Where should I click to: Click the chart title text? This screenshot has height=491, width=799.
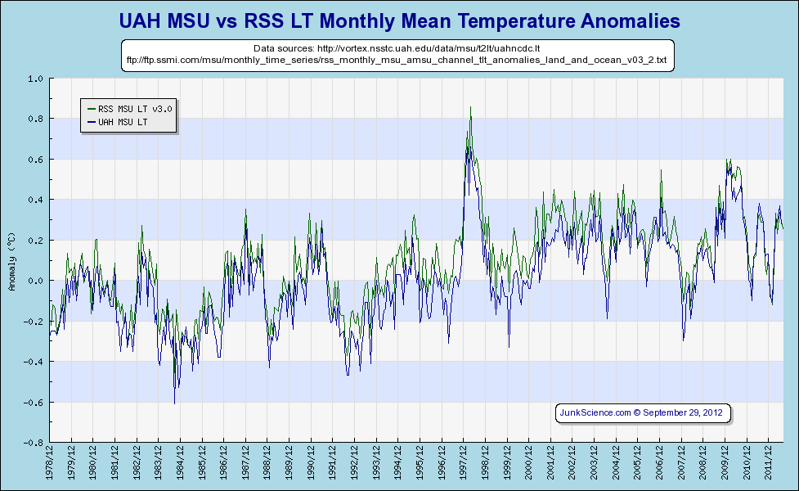pyautogui.click(x=399, y=20)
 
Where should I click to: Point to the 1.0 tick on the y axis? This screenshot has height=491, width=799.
pyautogui.click(x=35, y=79)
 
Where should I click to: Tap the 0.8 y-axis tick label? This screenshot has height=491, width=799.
pyautogui.click(x=35, y=119)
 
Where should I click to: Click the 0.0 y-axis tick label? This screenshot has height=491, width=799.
pyautogui.click(x=35, y=281)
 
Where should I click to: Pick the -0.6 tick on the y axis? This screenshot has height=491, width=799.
pyautogui.click(x=34, y=402)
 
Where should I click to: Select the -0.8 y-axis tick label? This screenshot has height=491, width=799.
pyautogui.click(x=34, y=442)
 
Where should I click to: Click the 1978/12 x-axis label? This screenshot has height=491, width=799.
pyautogui.click(x=51, y=463)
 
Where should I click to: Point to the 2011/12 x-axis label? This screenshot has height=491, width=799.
pyautogui.click(x=768, y=463)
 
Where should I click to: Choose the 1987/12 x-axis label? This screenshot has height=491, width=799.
pyautogui.click(x=246, y=463)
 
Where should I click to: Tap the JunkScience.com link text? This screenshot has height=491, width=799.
pyautogui.click(x=595, y=412)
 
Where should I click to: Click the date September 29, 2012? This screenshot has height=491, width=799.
pyautogui.click(x=683, y=412)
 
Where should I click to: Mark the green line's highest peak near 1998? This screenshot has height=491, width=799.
pyautogui.click(x=470, y=107)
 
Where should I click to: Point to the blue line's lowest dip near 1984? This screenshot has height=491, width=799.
pyautogui.click(x=174, y=403)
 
